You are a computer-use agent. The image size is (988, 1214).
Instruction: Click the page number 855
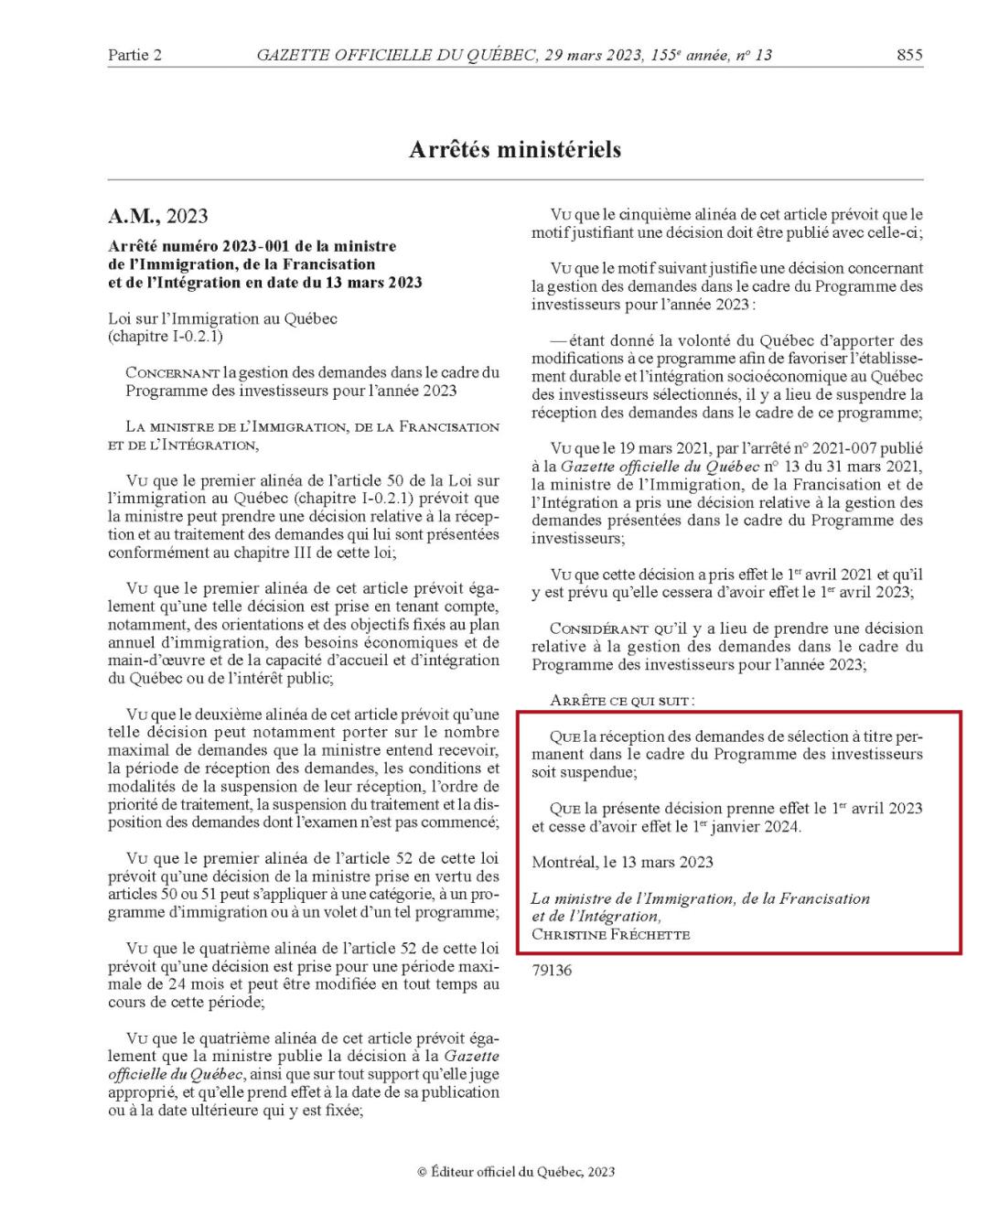click(x=909, y=55)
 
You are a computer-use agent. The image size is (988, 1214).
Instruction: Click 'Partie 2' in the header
click(x=134, y=55)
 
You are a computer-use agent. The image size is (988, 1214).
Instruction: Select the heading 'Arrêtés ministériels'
click(x=515, y=149)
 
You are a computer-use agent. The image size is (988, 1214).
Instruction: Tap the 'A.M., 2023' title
click(x=158, y=216)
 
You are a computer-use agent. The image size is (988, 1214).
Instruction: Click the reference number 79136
click(x=552, y=970)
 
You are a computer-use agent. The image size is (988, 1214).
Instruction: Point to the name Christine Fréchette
click(x=610, y=934)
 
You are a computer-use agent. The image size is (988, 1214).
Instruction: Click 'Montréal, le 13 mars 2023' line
click(x=622, y=862)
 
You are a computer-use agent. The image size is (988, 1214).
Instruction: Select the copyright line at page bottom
click(x=516, y=1171)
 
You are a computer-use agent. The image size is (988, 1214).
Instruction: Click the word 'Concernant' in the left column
click(x=172, y=373)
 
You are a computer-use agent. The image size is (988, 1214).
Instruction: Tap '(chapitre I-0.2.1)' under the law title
click(x=166, y=336)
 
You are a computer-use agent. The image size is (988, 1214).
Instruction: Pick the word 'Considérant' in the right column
click(x=598, y=628)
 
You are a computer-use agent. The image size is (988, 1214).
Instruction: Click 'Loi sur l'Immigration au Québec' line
click(x=222, y=318)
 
